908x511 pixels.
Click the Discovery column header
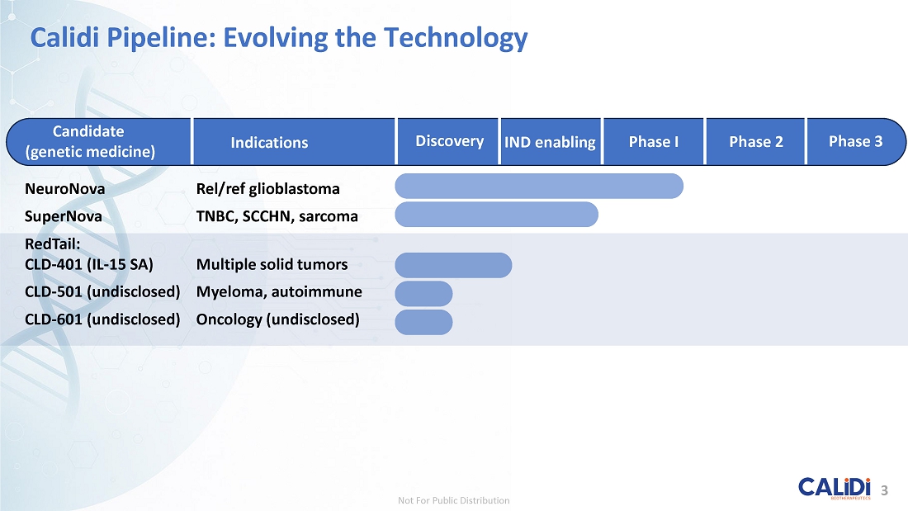click(x=449, y=141)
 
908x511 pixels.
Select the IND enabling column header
click(x=550, y=142)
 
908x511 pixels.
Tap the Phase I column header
click(x=653, y=142)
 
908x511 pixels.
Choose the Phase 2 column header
click(x=755, y=142)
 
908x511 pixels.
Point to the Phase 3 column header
click(x=855, y=141)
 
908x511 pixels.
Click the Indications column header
click(x=269, y=143)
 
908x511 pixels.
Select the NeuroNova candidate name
click(x=65, y=189)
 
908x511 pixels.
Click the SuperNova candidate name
click(x=63, y=216)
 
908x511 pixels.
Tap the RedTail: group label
click(x=53, y=244)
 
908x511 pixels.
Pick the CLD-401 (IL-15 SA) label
click(x=88, y=265)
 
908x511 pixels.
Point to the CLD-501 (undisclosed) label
click(x=102, y=292)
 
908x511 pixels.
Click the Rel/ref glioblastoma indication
click(x=267, y=189)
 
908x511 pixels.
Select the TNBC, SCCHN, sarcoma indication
click(x=277, y=216)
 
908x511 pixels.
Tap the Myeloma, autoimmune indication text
click(x=279, y=291)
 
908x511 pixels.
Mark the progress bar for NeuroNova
click(x=539, y=186)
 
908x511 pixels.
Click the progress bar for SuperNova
click(x=496, y=215)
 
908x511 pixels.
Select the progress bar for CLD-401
click(x=453, y=265)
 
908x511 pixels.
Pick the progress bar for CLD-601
click(x=424, y=322)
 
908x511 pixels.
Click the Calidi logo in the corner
click(x=835, y=489)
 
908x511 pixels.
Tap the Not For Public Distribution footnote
click(x=453, y=500)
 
